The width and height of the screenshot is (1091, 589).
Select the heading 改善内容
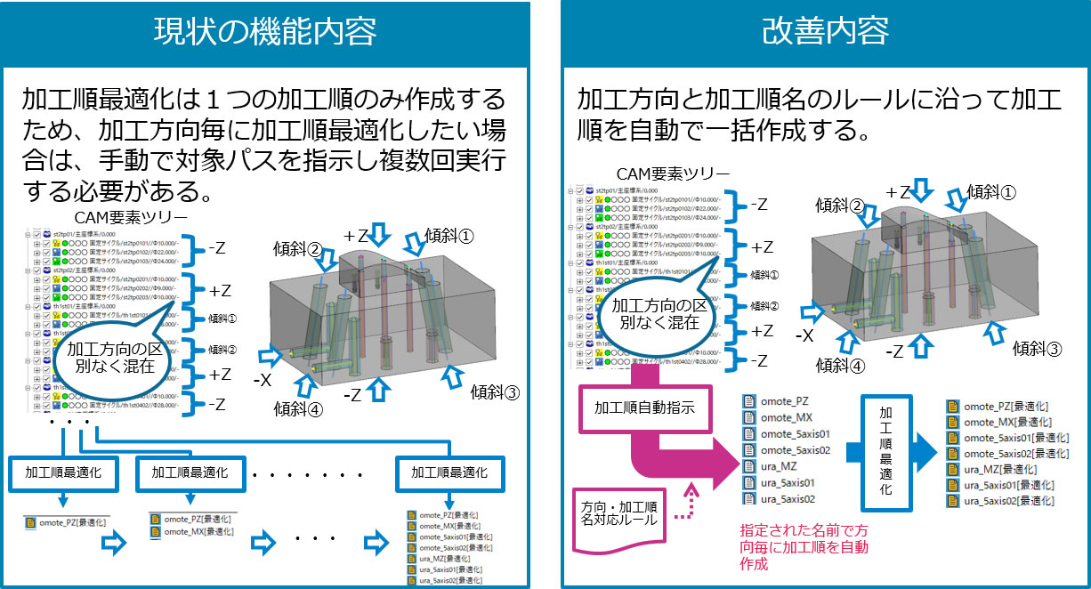click(825, 32)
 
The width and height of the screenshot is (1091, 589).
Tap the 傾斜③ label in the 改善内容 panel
click(1037, 349)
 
